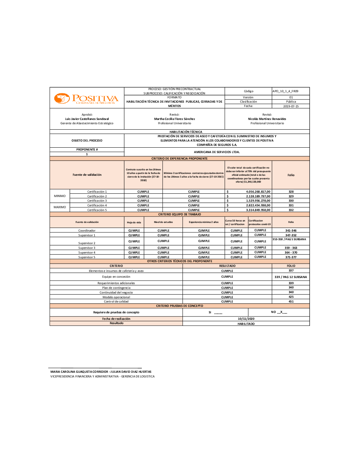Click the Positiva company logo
point(86,98)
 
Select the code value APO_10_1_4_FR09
point(285,91)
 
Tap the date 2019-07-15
point(291,106)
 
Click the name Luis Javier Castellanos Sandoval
point(87,119)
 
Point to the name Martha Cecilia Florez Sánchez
point(175,119)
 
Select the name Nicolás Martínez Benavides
point(267,119)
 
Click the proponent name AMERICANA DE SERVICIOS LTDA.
point(217,152)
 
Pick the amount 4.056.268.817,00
point(258,192)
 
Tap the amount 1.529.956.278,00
point(258,201)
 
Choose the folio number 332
point(291,210)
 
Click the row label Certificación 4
point(97,205)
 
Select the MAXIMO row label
point(60,207)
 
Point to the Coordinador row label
point(87,230)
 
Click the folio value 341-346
point(291,230)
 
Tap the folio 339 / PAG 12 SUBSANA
point(291,277)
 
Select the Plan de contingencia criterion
point(116,288)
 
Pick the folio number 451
point(291,301)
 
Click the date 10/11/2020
point(246,319)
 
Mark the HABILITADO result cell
point(246,324)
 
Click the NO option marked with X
point(279,312)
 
